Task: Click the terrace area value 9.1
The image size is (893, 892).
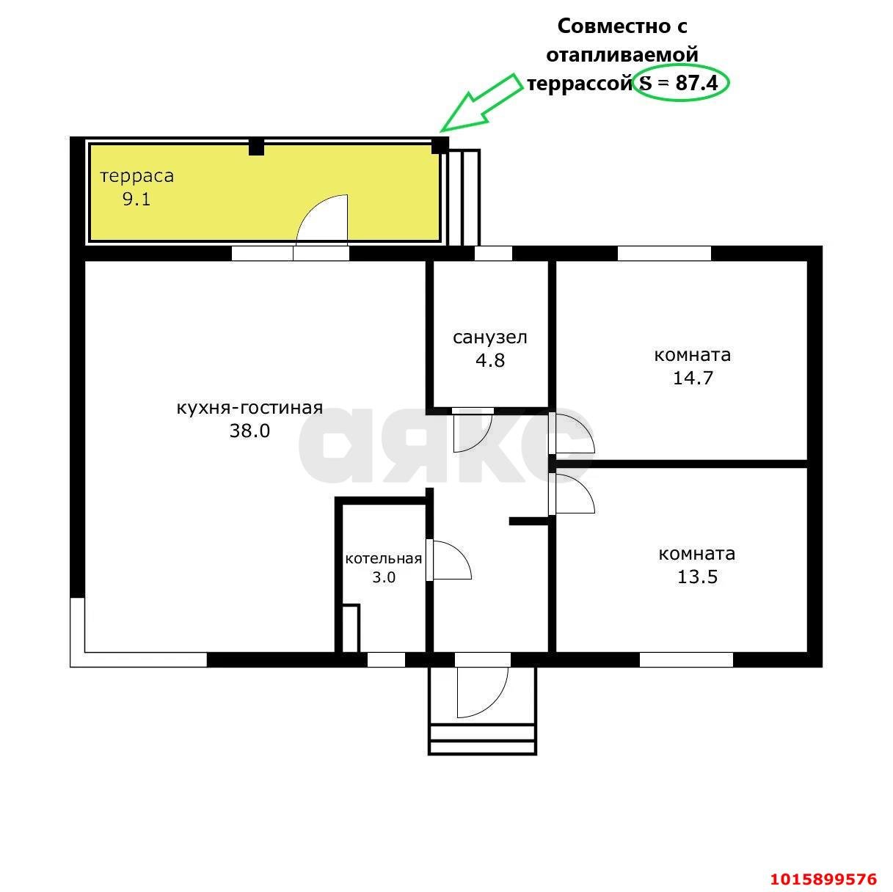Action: [x=136, y=200]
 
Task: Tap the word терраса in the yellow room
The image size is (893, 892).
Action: [x=137, y=176]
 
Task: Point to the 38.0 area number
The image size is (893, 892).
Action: [x=249, y=431]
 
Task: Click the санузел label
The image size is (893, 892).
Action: [x=490, y=337]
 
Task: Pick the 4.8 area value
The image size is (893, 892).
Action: [x=490, y=360]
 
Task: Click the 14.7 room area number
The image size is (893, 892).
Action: [x=693, y=378]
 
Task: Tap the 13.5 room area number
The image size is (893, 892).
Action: [x=697, y=577]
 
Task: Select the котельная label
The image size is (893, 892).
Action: [x=384, y=558]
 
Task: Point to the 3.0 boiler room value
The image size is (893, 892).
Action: [x=384, y=577]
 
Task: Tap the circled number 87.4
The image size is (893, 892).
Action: [x=696, y=84]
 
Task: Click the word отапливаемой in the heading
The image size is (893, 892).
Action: [x=622, y=55]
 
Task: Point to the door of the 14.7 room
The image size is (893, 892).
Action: [x=585, y=425]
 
